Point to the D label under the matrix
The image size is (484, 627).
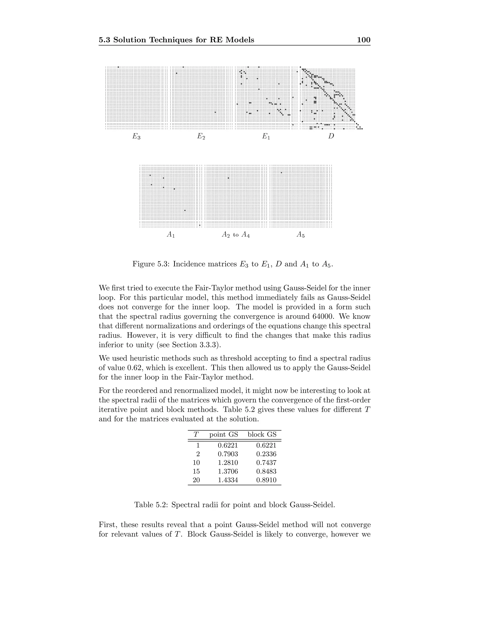[x=331, y=136]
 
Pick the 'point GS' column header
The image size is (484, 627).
[x=224, y=434]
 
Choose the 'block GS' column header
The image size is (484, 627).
[x=262, y=434]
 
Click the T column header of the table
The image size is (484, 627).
[x=196, y=434]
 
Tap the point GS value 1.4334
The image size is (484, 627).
[x=228, y=480]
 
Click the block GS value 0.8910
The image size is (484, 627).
[x=266, y=480]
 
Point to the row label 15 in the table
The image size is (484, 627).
[x=196, y=471]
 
